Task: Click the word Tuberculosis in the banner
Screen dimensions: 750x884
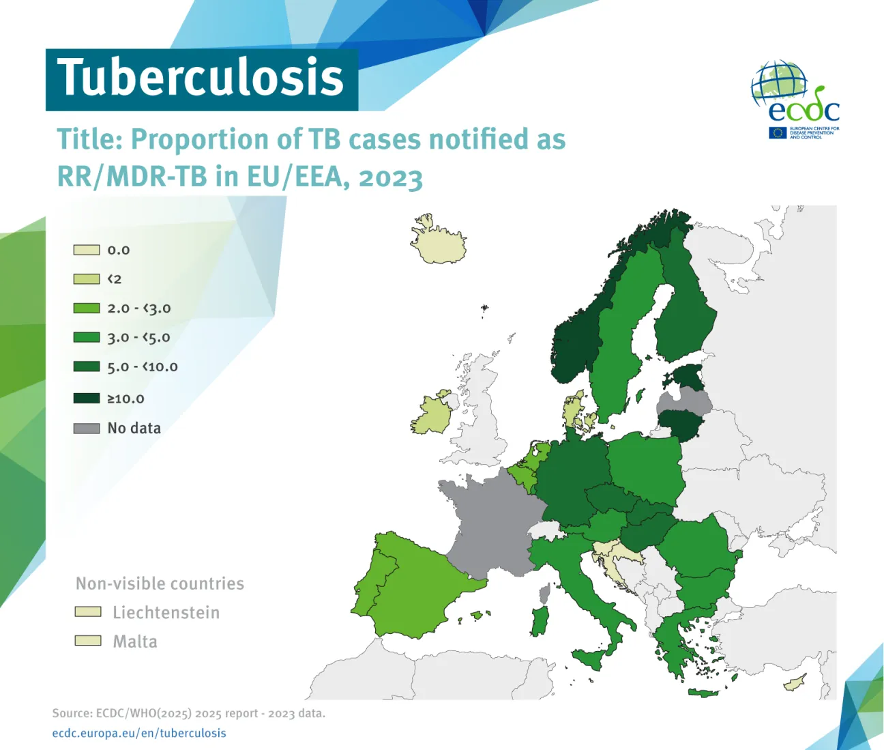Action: pyautogui.click(x=201, y=78)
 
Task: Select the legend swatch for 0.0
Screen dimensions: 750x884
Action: pyautogui.click(x=87, y=250)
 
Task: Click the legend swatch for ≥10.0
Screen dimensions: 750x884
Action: pyautogui.click(x=87, y=398)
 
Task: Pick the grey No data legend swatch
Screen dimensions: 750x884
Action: pyautogui.click(x=87, y=429)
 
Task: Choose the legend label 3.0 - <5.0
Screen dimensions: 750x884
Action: pyautogui.click(x=138, y=337)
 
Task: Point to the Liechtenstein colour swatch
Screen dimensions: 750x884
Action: pyautogui.click(x=88, y=612)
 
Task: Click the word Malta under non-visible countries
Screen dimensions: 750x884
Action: pyautogui.click(x=135, y=641)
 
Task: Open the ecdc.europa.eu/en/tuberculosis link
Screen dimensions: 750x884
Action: pyautogui.click(x=139, y=733)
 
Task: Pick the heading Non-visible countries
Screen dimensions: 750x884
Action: pyautogui.click(x=160, y=583)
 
